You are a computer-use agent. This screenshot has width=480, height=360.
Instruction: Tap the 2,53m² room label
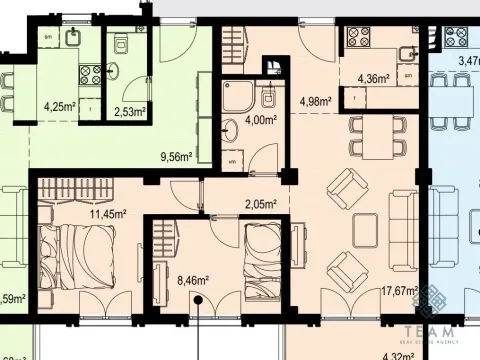130,112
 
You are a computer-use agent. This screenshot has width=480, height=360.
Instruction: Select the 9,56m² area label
177,157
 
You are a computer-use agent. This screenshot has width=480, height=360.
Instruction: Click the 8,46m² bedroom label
192,282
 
